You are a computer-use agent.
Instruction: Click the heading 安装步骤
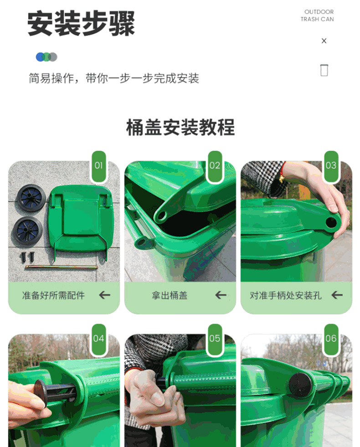click(x=81, y=23)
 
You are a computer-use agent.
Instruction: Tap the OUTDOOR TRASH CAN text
click(x=317, y=15)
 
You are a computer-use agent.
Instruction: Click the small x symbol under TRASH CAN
click(x=324, y=41)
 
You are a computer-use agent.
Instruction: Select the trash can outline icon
click(x=324, y=70)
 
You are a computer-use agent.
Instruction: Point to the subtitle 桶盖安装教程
click(x=180, y=127)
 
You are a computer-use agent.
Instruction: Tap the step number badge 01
click(x=99, y=166)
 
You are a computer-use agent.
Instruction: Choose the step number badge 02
click(x=215, y=166)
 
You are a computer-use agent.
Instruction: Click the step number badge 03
click(x=331, y=166)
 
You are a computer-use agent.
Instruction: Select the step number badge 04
click(x=99, y=339)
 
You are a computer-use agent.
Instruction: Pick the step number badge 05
click(x=215, y=339)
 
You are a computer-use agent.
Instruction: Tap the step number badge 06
click(x=331, y=339)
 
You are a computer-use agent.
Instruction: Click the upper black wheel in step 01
click(x=31, y=197)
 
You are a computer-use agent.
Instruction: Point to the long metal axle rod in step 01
click(x=62, y=267)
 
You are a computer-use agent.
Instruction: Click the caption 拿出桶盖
click(x=170, y=295)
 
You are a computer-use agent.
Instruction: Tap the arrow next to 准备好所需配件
click(x=104, y=295)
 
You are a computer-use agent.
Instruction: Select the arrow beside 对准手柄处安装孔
click(x=337, y=295)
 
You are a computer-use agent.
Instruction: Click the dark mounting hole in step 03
click(x=331, y=222)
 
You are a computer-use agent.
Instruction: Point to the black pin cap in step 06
click(x=299, y=386)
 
